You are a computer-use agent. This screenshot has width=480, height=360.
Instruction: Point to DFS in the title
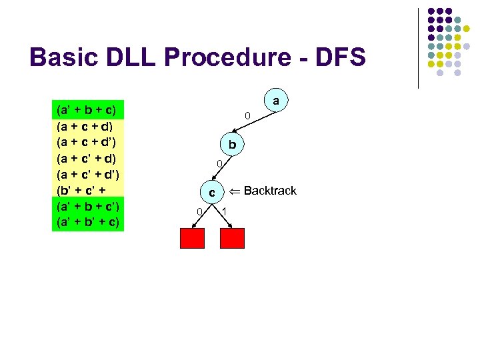tap(340, 57)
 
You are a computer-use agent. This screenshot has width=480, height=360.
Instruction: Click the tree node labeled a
tap(275, 101)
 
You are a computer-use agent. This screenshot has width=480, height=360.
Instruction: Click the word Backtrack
tap(270, 191)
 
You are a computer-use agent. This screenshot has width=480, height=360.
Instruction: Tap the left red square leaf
tap(192, 238)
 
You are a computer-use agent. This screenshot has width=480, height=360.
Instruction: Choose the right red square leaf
tap(232, 238)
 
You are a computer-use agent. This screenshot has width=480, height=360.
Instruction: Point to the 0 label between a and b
tap(247, 117)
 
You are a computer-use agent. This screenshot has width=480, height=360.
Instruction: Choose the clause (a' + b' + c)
tap(87, 222)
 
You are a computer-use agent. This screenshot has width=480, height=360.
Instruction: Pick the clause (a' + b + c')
tap(87, 206)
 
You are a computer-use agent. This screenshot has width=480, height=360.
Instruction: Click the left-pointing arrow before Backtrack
tap(234, 191)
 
